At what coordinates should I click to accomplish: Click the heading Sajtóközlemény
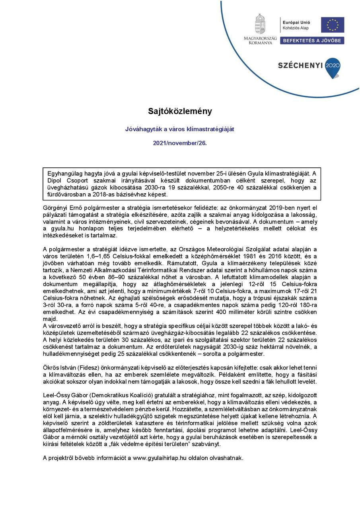click(x=180, y=111)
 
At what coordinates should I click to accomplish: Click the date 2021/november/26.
click(x=180, y=143)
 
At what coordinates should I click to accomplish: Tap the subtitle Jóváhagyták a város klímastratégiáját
click(x=180, y=129)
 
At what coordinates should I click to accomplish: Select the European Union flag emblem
click(x=333, y=25)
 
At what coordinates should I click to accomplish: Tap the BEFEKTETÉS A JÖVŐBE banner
click(x=312, y=41)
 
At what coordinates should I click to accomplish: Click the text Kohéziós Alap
click(x=296, y=29)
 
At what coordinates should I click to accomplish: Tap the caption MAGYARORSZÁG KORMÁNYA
click(x=260, y=40)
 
